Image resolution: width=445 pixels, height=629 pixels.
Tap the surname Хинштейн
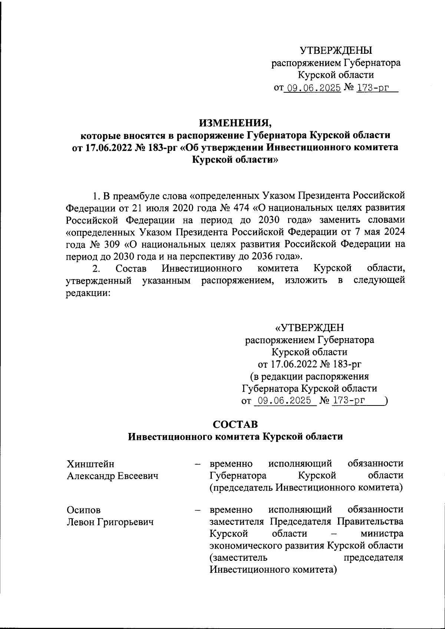click(90, 464)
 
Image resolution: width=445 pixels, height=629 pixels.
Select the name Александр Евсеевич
click(112, 476)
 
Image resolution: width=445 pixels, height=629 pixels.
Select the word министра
click(382, 534)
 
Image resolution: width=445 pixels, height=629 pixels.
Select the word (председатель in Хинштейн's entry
click(241, 487)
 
